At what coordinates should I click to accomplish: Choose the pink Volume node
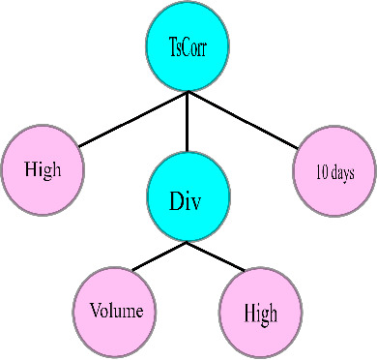coord(115,312)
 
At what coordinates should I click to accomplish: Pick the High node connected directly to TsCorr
coord(43,170)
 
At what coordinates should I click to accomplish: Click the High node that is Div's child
coord(260,313)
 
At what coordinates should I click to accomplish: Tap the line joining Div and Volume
coord(159,257)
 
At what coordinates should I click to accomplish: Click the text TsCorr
coord(187,45)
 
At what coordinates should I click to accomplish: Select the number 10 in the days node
coord(321,175)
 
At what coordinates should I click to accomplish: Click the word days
coord(340,175)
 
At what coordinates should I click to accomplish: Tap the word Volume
coord(115,312)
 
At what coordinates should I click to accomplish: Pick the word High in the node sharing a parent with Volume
coord(260,314)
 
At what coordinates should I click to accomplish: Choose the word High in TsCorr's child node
coord(43,170)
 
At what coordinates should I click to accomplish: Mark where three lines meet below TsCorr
coord(187,94)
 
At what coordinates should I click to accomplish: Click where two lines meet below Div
coord(187,243)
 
